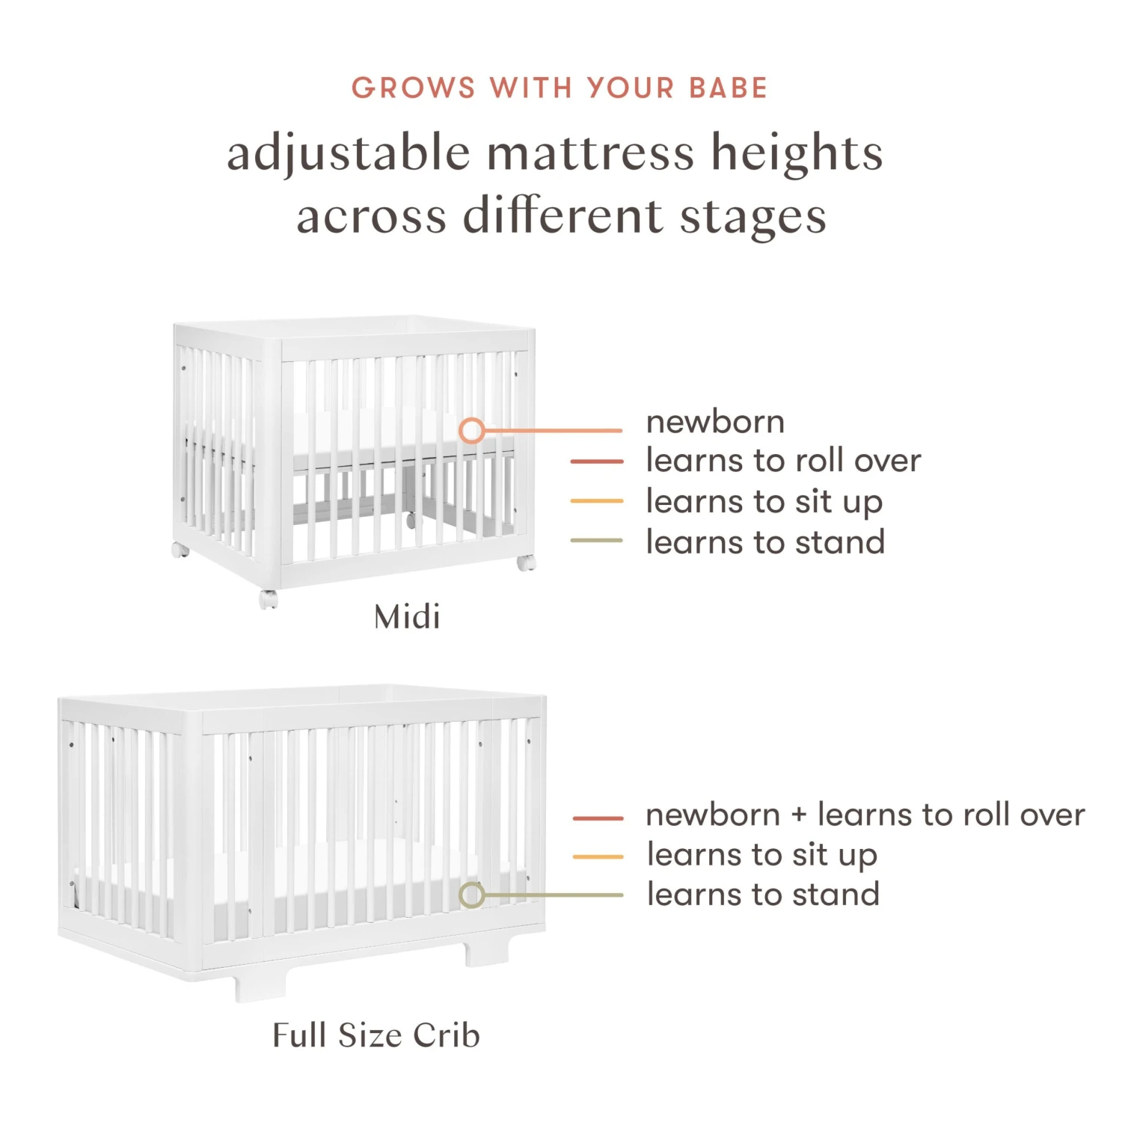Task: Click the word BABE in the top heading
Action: pyautogui.click(x=728, y=88)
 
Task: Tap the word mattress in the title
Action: pyautogui.click(x=591, y=153)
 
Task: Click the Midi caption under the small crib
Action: pyautogui.click(x=407, y=618)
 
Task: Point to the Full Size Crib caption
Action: pyautogui.click(x=376, y=1036)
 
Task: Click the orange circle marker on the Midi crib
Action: pyautogui.click(x=471, y=430)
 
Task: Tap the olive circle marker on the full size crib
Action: pyautogui.click(x=471, y=895)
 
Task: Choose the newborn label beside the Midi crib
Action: pyautogui.click(x=715, y=423)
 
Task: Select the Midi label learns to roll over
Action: pyautogui.click(x=783, y=461)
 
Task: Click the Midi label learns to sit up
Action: pyautogui.click(x=764, y=502)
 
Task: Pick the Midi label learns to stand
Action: pyautogui.click(x=765, y=542)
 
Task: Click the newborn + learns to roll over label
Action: pyautogui.click(x=865, y=815)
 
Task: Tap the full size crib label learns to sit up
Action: pyautogui.click(x=761, y=855)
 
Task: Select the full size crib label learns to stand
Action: pyautogui.click(x=763, y=895)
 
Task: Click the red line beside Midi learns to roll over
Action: pyautogui.click(x=596, y=462)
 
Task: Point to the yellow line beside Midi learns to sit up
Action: pyautogui.click(x=596, y=500)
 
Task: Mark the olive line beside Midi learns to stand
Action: pyautogui.click(x=596, y=540)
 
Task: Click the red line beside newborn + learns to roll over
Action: pyautogui.click(x=598, y=818)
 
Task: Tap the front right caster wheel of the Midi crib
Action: pyautogui.click(x=526, y=562)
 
